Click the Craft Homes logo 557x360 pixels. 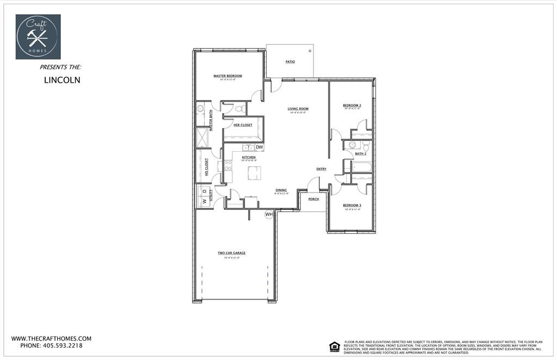pyautogui.click(x=38, y=36)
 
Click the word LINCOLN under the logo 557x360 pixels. pyautogui.click(x=62, y=79)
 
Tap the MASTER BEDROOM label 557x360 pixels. pyautogui.click(x=227, y=76)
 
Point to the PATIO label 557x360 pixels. pyautogui.click(x=290, y=62)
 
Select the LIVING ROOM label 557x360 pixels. pyautogui.click(x=298, y=109)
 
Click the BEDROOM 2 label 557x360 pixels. pyautogui.click(x=352, y=105)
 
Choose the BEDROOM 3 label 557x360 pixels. pyautogui.click(x=352, y=206)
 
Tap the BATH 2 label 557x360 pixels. pyautogui.click(x=361, y=154)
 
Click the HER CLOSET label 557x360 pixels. pyautogui.click(x=243, y=125)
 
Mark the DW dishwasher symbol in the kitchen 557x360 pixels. pyautogui.click(x=259, y=147)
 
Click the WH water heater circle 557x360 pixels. pyautogui.click(x=269, y=215)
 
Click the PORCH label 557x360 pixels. pyautogui.click(x=313, y=199)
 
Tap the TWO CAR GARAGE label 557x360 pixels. pyautogui.click(x=232, y=253)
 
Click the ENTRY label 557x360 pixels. pyautogui.click(x=321, y=169)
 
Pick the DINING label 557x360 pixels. pyautogui.click(x=281, y=190)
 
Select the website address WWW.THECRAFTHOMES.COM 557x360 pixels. pyautogui.click(x=51, y=338)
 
